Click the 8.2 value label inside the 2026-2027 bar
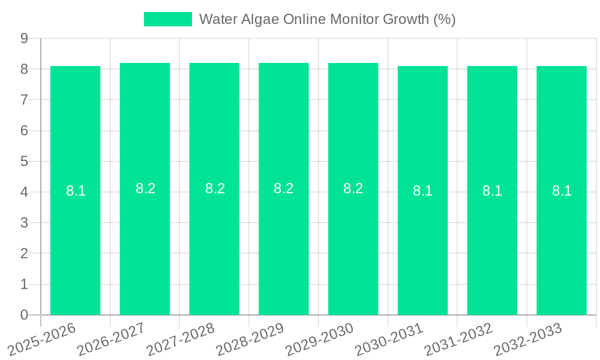click(x=145, y=188)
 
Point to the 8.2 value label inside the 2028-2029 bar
click(x=284, y=188)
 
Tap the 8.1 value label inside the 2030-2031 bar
click(x=422, y=191)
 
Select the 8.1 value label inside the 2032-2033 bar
click(x=562, y=191)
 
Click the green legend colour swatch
click(x=167, y=19)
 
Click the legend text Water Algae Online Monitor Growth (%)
click(x=327, y=19)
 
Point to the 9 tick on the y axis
click(x=24, y=38)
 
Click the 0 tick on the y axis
click(x=24, y=315)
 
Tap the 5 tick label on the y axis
click(x=24, y=161)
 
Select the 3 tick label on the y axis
click(x=24, y=223)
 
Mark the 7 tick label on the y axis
click(x=24, y=100)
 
